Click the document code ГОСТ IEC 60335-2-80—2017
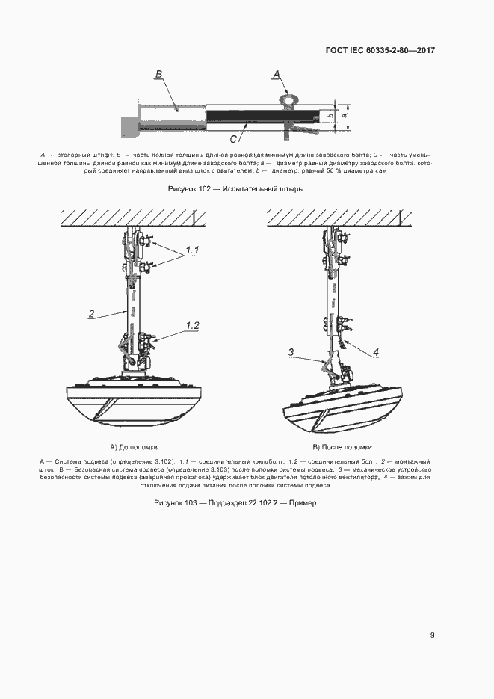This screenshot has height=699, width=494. click(380, 51)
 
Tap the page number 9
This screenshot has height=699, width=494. click(432, 635)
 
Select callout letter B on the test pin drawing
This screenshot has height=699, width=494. click(158, 74)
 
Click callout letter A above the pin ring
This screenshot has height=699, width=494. click(276, 74)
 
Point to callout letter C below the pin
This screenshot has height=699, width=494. click(233, 139)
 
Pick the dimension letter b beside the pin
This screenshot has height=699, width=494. click(330, 116)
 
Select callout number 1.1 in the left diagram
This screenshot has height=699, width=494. click(192, 249)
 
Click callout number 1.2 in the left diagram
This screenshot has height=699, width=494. click(192, 325)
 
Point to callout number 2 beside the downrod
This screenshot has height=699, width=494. click(90, 314)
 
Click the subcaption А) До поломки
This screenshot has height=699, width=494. click(134, 446)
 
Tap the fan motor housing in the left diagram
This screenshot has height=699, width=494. click(135, 400)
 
